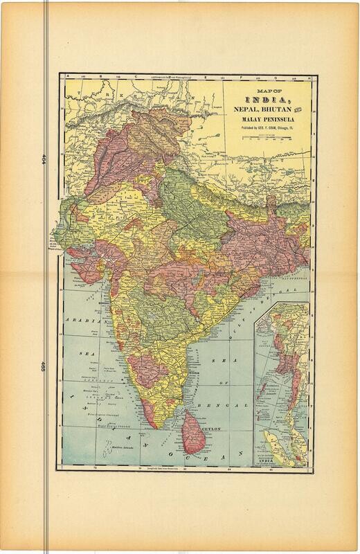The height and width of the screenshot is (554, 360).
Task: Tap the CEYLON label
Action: point(210,429)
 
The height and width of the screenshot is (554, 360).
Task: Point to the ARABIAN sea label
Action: point(81,321)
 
